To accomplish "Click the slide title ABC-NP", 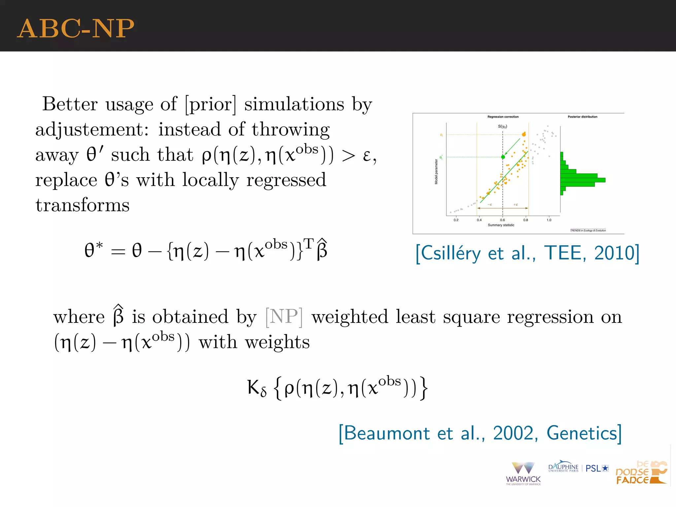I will click(76, 29).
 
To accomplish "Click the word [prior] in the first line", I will click(211, 104).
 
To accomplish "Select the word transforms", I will click(83, 205).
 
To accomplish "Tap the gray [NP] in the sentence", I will click(284, 317).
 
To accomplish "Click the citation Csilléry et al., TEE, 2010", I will click(527, 253).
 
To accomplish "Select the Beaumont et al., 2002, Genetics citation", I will click(480, 433).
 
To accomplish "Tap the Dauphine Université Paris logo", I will click(563, 467).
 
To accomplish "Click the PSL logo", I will click(597, 468).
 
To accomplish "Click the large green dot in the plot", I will click(503, 157).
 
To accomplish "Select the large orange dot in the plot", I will click(524, 134).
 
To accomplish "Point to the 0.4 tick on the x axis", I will click(479, 220).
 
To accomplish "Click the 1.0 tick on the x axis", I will click(549, 220).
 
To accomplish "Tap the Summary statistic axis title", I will click(501, 225).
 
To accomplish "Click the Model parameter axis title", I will click(436, 172).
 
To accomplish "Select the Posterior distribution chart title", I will click(582, 117).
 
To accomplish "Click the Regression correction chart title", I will click(503, 117).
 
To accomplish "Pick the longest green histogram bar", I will click(583, 180).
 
